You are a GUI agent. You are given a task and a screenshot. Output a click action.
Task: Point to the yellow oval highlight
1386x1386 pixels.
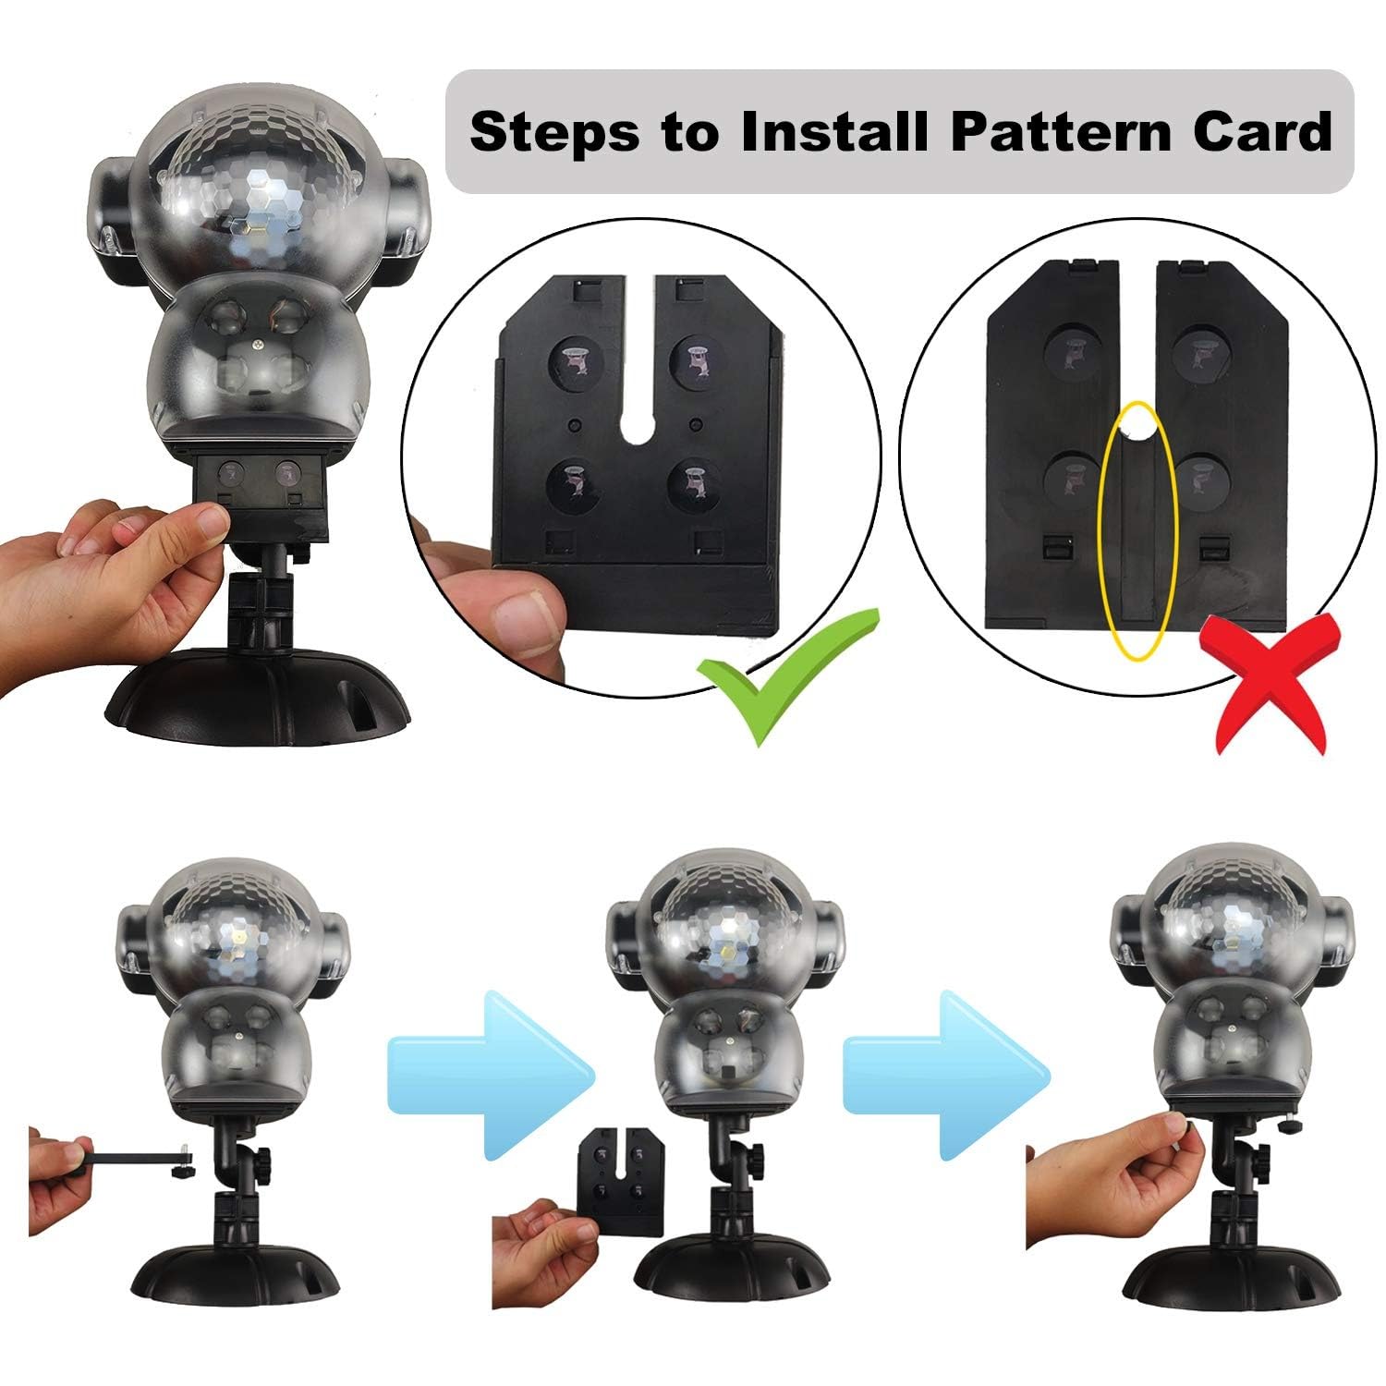point(1137,531)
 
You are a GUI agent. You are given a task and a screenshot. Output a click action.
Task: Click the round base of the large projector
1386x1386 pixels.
point(258,697)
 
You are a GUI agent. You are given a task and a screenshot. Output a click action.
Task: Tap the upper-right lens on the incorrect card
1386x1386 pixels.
point(1203,352)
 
